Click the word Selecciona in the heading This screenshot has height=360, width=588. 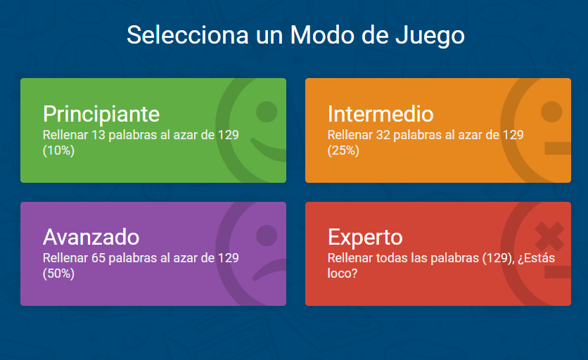(188, 35)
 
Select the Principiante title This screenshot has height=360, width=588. (101, 114)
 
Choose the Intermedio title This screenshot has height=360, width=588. (381, 114)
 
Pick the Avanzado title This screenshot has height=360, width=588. (91, 237)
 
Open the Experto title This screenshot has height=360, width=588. (365, 238)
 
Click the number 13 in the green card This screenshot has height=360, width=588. (98, 135)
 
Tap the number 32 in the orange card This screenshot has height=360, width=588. (383, 135)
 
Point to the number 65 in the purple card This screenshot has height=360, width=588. (98, 258)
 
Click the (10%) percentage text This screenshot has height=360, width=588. (58, 150)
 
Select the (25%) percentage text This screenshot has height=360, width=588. (343, 150)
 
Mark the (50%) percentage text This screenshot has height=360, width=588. (58, 274)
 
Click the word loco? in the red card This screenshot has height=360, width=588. (343, 274)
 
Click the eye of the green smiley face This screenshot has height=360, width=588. (267, 112)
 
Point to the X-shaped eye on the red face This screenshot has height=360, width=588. (549, 237)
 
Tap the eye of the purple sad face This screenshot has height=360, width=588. (267, 236)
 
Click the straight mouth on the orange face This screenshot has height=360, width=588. (558, 148)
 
